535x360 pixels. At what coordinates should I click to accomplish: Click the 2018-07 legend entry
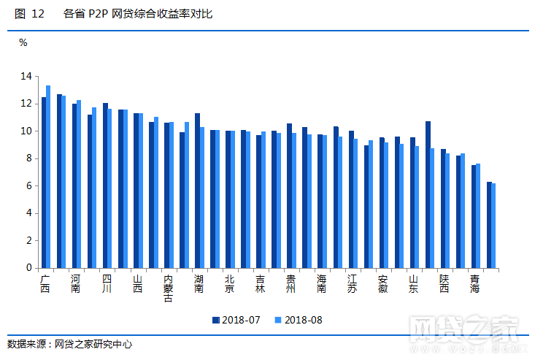236,319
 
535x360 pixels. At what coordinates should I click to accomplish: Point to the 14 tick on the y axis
26,76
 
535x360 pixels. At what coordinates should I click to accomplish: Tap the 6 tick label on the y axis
28,185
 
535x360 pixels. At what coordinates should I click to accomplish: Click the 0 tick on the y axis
28,268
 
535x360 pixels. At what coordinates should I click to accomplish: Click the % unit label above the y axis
23,43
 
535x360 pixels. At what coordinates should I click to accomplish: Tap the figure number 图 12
29,14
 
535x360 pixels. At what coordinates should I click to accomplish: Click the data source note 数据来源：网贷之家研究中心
69,343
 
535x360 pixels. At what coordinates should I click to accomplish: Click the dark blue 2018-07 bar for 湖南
197,191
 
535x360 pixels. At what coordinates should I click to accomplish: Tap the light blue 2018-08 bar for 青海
477,215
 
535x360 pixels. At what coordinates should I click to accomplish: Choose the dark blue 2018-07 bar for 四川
105,185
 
